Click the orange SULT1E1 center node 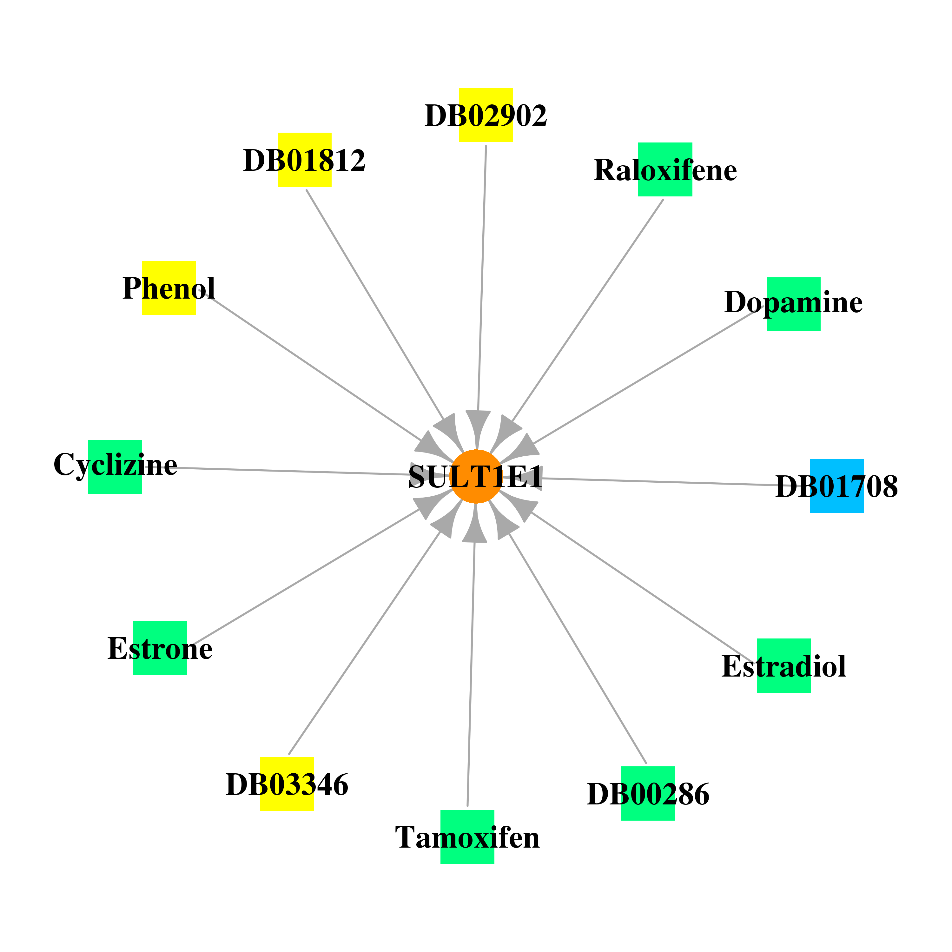(476, 477)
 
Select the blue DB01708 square (837, 486)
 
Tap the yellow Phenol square (169, 288)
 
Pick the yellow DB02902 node (486, 115)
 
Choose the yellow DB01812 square (305, 160)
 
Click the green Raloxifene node (665, 169)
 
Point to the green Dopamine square (793, 304)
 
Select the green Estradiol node (784, 666)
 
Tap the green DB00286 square (648, 793)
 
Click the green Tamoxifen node (467, 837)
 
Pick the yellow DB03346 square (287, 784)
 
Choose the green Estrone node (160, 648)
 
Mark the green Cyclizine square (115, 466)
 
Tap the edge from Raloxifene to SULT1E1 (588, 310)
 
